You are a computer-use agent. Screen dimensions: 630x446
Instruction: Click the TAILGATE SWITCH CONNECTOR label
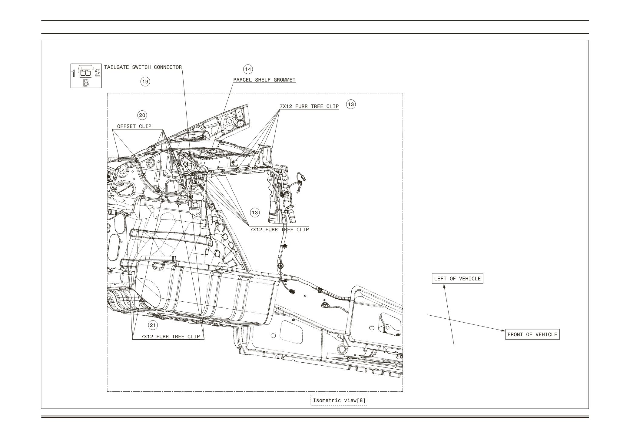click(143, 67)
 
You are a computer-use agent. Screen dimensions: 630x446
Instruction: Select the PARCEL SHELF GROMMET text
click(264, 80)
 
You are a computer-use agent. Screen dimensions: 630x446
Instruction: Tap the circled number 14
click(248, 69)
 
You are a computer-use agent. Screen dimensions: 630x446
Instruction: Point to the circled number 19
click(145, 82)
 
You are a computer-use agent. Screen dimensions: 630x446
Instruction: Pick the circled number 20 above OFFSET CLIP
click(142, 115)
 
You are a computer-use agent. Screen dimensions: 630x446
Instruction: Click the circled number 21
click(153, 326)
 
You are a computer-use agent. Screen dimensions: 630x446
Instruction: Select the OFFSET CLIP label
click(134, 126)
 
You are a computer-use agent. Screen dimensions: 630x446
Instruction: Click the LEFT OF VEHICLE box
click(457, 279)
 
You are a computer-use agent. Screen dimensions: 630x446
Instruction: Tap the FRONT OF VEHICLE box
click(532, 334)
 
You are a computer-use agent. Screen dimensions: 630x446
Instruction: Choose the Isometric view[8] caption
click(339, 400)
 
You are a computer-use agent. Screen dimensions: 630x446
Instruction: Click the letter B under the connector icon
click(86, 83)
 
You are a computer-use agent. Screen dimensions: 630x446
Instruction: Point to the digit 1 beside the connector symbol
click(73, 73)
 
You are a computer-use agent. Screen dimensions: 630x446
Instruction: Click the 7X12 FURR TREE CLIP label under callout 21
click(170, 337)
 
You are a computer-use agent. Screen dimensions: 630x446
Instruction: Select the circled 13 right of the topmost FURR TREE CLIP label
click(351, 105)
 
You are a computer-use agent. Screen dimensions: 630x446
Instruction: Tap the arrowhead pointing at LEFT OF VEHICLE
click(444, 286)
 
